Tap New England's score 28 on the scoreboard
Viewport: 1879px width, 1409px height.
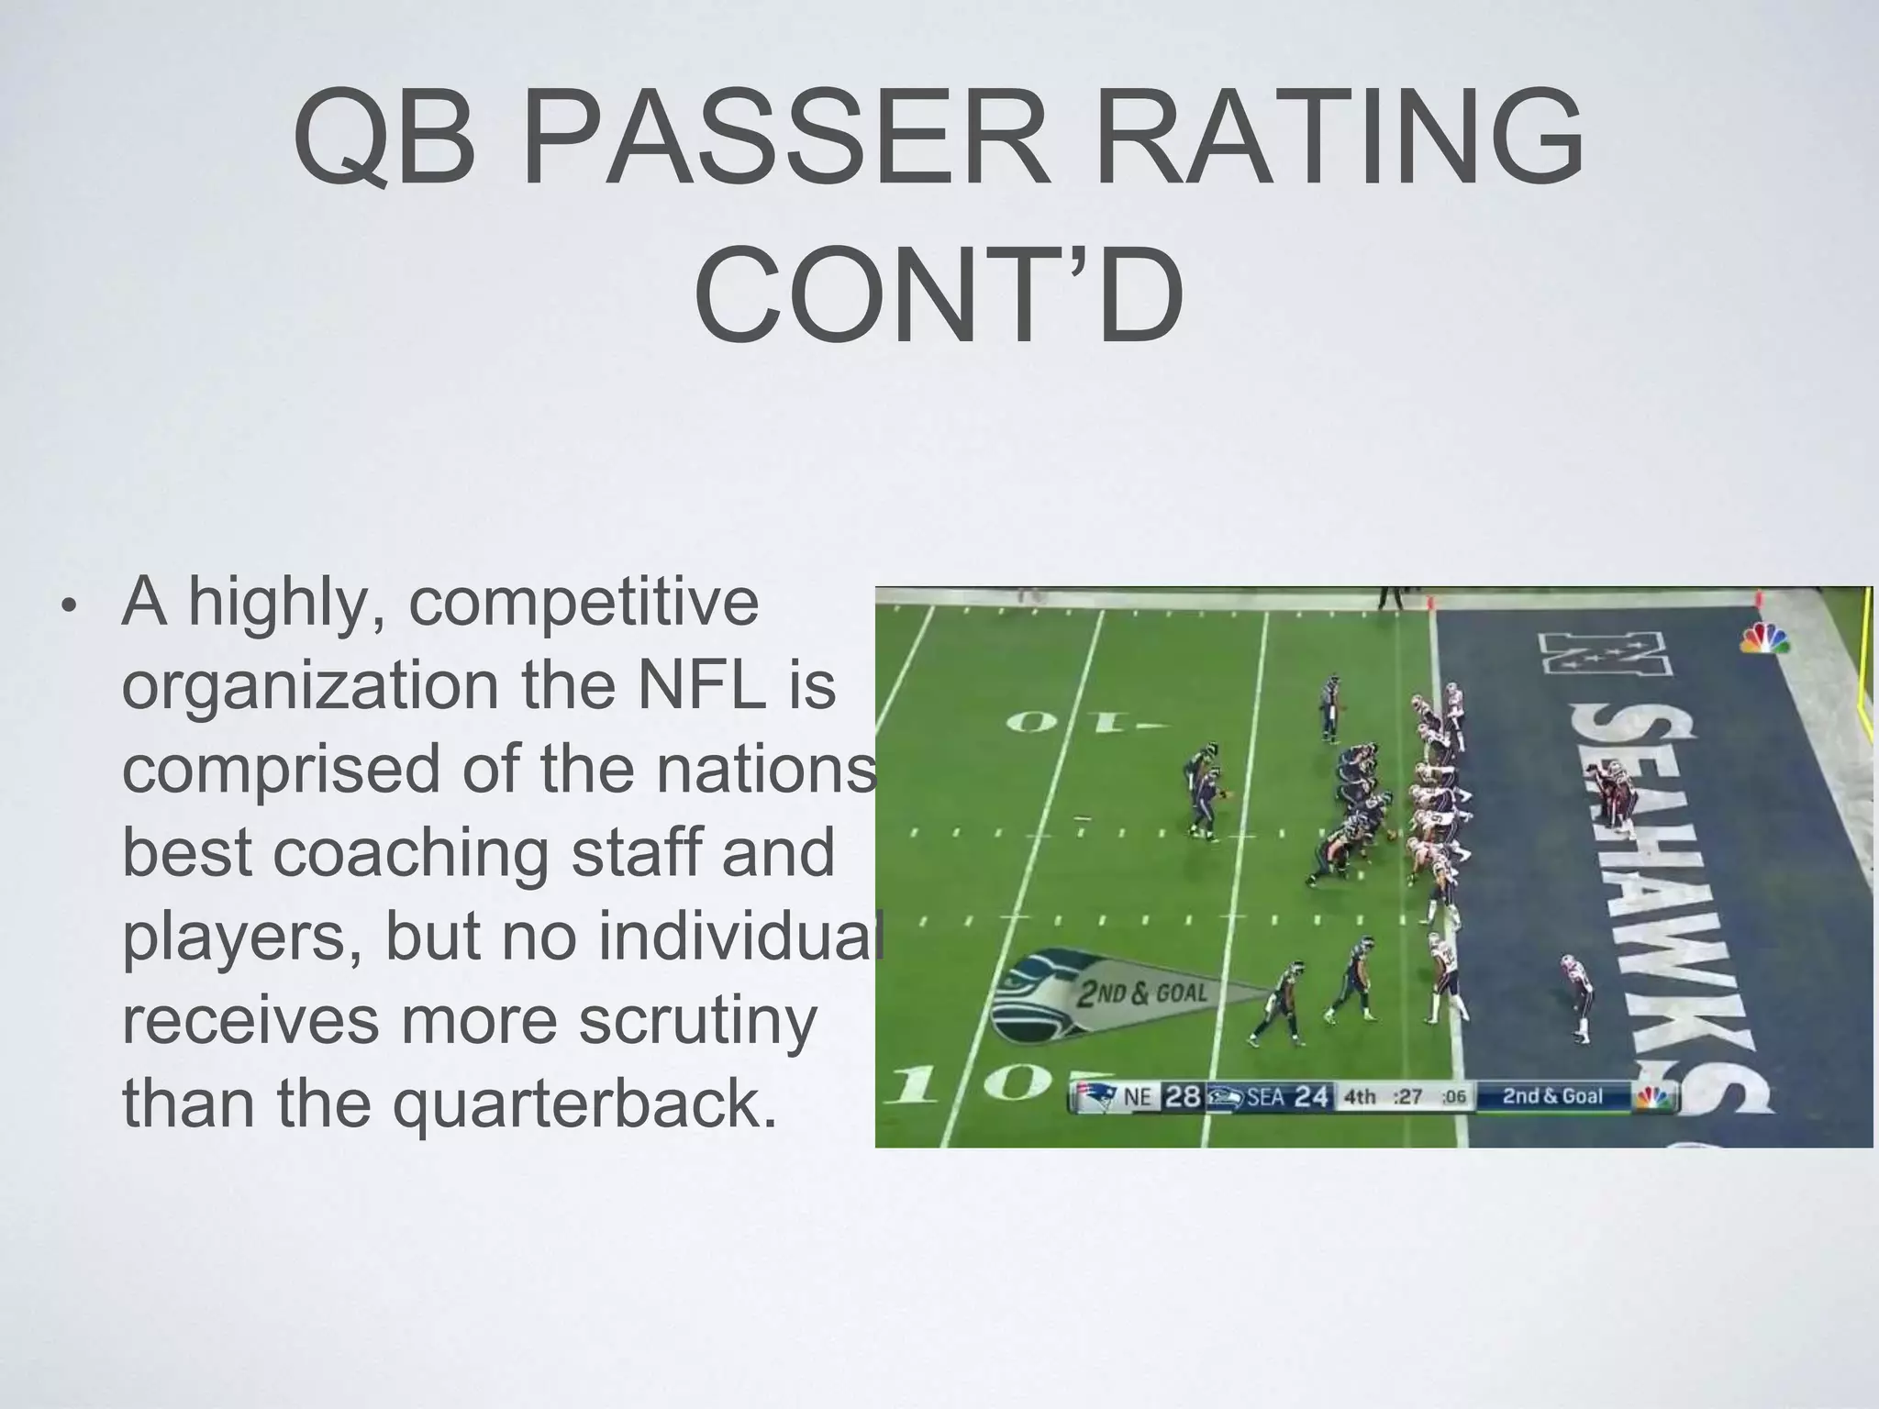(x=1183, y=1096)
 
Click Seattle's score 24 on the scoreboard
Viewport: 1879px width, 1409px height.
(x=1312, y=1096)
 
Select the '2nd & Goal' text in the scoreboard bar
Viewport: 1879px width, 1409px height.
(x=1551, y=1096)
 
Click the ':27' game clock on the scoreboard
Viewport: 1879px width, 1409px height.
(x=1408, y=1096)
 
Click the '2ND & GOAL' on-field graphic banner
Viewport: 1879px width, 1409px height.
(x=1142, y=993)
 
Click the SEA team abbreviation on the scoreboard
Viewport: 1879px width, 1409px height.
(x=1264, y=1096)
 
